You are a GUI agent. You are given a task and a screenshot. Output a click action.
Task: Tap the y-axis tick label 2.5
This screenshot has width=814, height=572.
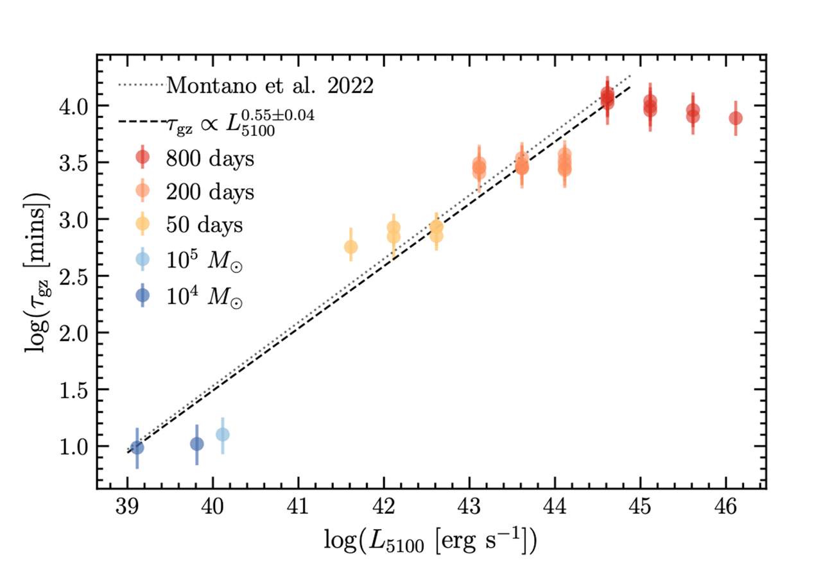[x=71, y=276]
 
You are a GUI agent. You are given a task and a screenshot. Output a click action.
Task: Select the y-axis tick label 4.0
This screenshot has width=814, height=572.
[x=71, y=106]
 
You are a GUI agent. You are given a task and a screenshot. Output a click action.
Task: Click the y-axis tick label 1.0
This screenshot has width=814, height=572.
[x=71, y=446]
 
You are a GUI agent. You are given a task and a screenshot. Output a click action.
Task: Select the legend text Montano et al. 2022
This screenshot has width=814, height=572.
[x=270, y=85]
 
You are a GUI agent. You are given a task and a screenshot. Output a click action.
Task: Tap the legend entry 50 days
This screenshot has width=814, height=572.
[x=205, y=224]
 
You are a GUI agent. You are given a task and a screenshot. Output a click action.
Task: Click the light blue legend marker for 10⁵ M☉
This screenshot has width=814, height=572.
[x=143, y=259]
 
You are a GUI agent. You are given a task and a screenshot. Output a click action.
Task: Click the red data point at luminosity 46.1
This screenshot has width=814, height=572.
[x=736, y=119]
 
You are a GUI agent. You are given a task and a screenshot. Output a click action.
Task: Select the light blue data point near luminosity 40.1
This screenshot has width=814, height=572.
[x=222, y=434]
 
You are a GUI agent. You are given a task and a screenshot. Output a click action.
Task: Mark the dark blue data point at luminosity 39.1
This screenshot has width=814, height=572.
[x=137, y=448]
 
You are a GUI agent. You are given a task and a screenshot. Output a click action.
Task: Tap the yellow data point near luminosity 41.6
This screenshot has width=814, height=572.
[x=351, y=247]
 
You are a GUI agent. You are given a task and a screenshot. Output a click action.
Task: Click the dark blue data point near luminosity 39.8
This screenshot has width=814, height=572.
[x=197, y=444]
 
